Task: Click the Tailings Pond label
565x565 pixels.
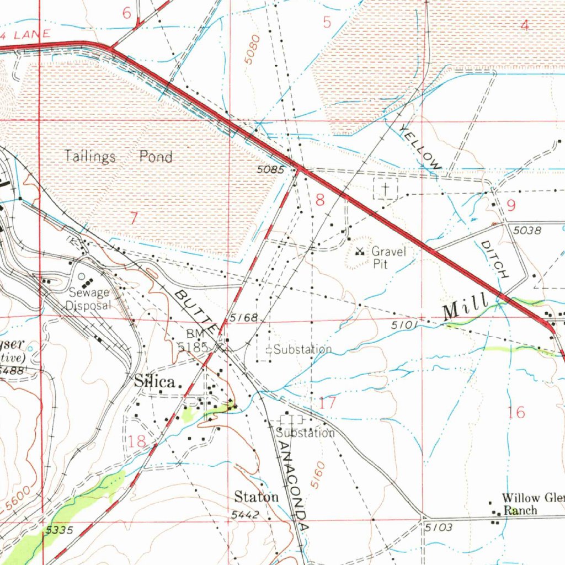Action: [x=118, y=157]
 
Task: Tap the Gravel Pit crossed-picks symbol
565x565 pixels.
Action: [x=360, y=252]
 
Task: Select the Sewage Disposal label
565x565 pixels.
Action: [x=88, y=299]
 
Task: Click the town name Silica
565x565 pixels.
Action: [x=155, y=382]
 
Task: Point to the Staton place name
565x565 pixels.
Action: [x=256, y=497]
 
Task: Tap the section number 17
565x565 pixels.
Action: [x=327, y=403]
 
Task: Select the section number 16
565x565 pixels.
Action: [x=516, y=412]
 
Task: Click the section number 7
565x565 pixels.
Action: [x=133, y=218]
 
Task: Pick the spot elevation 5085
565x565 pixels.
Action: [x=270, y=170]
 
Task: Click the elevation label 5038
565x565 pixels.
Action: [x=527, y=231]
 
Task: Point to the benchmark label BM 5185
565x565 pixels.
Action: [x=193, y=341]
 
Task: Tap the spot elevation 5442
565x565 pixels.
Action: [x=244, y=514]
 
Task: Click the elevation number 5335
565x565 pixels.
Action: [x=59, y=530]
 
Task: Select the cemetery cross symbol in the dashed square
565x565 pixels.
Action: [x=386, y=189]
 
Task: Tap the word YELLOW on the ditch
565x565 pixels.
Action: [x=420, y=147]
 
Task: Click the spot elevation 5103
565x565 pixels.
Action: [x=439, y=528]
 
